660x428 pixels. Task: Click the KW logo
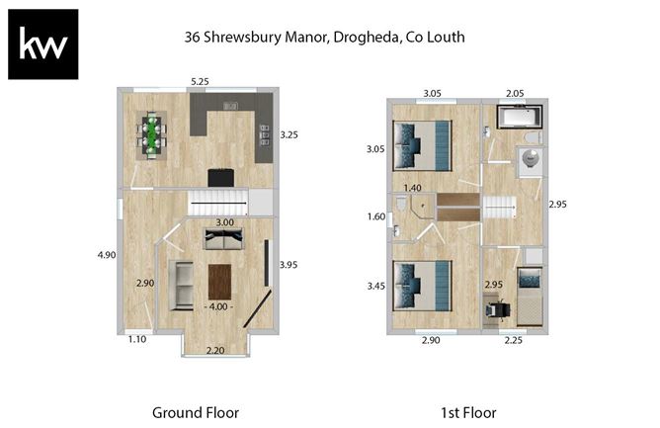42,43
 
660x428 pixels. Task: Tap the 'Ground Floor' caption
195,412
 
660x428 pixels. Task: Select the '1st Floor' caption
468,412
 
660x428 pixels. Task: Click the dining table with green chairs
152,135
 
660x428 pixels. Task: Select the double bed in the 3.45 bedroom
422,285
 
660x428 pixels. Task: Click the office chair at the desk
497,308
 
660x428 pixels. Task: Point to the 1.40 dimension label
413,188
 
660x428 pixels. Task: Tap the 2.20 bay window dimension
213,350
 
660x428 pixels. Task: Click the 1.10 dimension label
136,340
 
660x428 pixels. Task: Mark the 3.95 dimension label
289,264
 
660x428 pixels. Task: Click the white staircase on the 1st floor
499,209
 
